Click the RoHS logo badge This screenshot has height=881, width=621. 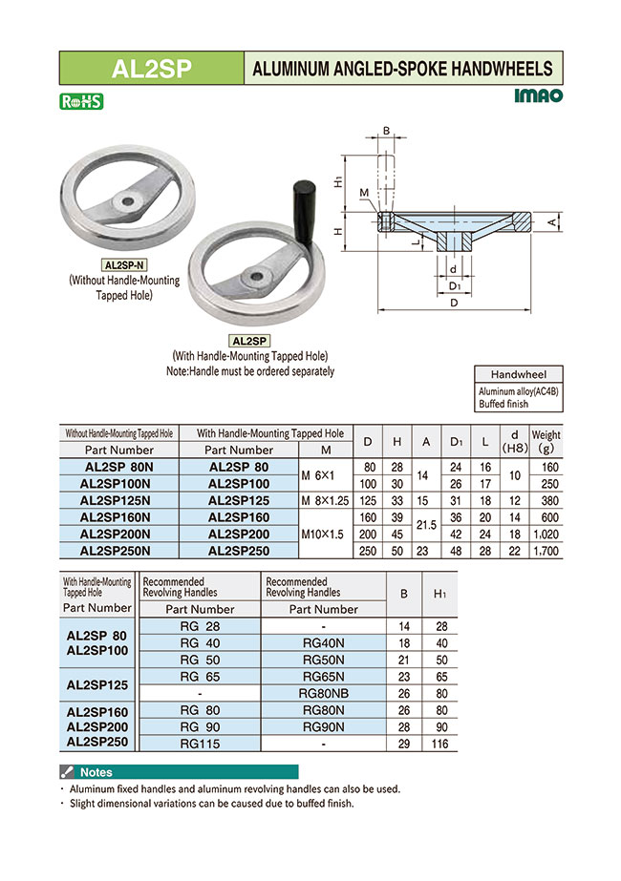coord(80,101)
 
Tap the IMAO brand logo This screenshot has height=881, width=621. coord(538,95)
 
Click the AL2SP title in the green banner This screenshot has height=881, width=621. coord(152,68)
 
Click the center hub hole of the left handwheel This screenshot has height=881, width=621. coord(127,201)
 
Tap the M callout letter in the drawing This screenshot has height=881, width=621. coord(364,194)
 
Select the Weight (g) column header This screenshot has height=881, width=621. coord(546,441)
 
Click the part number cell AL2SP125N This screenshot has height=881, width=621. coord(118,499)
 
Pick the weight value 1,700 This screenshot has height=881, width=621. coord(546,552)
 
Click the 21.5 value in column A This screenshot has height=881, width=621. coord(426,525)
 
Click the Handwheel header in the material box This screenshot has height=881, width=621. coord(519,374)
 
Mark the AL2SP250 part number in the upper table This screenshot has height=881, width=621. coord(239,552)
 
